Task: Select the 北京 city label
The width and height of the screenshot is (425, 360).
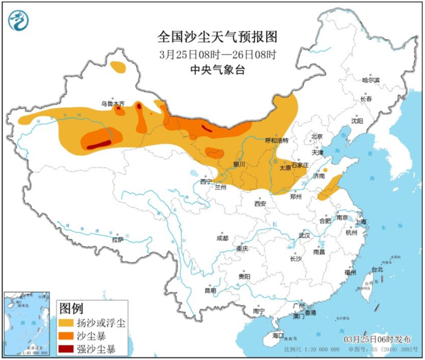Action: click(317, 137)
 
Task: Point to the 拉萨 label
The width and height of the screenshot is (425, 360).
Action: click(117, 239)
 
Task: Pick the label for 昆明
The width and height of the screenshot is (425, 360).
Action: click(210, 291)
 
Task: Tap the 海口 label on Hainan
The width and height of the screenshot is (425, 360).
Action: click(278, 336)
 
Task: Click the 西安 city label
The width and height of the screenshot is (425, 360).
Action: click(260, 204)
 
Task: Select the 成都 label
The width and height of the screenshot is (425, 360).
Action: click(222, 238)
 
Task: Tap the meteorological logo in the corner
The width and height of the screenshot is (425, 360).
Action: click(19, 20)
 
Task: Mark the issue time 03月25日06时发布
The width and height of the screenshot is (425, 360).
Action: click(377, 340)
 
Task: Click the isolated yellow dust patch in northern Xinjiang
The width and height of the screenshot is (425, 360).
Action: click(118, 67)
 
